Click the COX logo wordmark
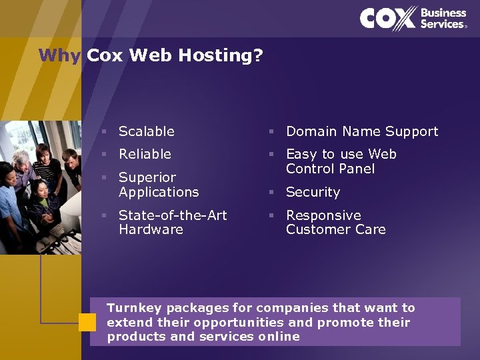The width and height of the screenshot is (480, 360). click(x=388, y=18)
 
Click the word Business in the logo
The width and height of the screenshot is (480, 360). click(x=443, y=13)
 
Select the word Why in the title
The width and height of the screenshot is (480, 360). click(x=59, y=55)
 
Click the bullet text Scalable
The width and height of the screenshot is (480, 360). click(x=147, y=131)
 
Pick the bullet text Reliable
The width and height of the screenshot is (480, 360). click(x=145, y=154)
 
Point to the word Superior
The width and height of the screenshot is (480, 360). click(x=147, y=177)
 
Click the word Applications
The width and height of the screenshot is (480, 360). click(x=159, y=192)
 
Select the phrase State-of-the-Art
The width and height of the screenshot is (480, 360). click(x=173, y=215)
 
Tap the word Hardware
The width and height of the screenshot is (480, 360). click(x=151, y=229)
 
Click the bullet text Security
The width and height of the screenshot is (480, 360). click(x=313, y=192)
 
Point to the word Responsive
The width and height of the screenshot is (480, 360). click(x=323, y=215)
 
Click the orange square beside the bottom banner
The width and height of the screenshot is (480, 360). click(x=87, y=323)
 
